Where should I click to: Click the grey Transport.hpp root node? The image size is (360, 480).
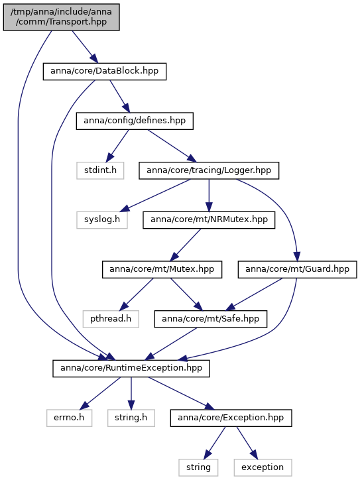61,17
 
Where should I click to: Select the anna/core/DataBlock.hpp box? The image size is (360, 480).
105,72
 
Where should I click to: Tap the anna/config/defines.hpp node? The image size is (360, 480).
135,121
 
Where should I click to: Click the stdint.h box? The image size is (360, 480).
100,170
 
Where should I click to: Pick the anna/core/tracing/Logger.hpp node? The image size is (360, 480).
209,170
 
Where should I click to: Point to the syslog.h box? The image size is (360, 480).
102,220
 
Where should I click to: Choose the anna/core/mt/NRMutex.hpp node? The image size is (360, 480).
209,220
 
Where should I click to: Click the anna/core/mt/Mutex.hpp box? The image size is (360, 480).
162,269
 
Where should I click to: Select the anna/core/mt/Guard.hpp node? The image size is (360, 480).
297,269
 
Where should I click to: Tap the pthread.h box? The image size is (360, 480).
111,319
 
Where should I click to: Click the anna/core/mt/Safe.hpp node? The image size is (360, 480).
211,319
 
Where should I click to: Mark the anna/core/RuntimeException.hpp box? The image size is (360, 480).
131,368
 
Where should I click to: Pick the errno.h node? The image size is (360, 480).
69,418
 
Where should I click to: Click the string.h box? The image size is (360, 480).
131,418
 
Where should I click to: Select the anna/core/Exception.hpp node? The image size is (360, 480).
231,418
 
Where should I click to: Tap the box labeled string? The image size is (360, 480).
198,467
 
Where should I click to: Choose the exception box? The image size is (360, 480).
263,467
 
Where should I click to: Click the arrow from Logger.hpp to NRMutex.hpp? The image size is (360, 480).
209,196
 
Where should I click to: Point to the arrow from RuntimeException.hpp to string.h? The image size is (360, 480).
131,393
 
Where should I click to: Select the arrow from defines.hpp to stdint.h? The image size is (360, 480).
117,146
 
